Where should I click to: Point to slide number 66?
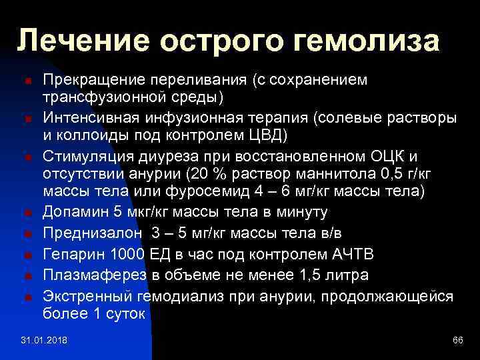(457, 341)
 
